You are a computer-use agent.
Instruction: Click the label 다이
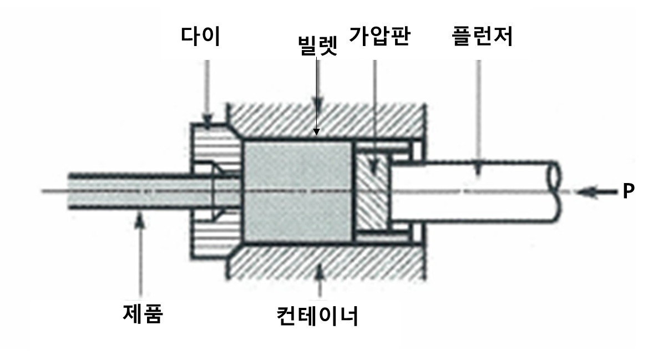pos(200,37)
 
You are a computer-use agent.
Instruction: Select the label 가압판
pos(379,37)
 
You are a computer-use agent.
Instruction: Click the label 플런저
pos(482,37)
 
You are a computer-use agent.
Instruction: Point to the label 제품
pos(142,313)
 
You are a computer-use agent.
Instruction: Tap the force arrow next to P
pos(596,192)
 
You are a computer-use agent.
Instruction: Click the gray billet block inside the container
pos(297,191)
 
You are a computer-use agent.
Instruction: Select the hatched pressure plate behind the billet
pos(373,191)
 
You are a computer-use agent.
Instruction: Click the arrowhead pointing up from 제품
pos(142,221)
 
